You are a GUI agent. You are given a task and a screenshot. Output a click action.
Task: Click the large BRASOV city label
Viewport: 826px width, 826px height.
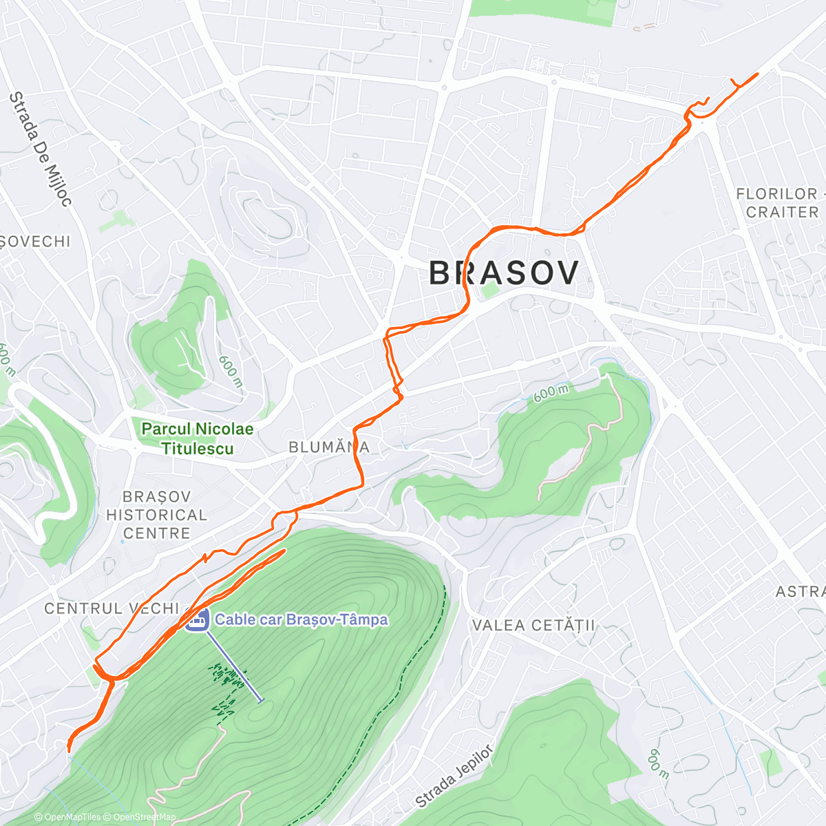(x=503, y=273)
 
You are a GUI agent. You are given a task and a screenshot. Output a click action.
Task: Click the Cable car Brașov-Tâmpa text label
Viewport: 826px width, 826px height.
(x=301, y=619)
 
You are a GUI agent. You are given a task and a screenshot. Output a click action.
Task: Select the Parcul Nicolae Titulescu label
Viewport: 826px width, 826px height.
(x=197, y=438)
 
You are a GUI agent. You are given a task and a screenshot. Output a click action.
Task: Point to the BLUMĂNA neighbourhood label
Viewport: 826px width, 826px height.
(x=329, y=447)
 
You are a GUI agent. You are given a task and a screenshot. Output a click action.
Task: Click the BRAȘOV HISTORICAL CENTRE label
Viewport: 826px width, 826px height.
(x=156, y=515)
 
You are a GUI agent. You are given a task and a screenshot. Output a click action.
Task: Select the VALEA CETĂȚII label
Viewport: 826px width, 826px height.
(x=533, y=626)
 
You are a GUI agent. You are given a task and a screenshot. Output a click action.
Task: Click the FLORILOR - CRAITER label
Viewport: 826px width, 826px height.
(x=778, y=203)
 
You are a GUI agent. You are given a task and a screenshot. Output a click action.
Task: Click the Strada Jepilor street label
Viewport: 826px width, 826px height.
(x=454, y=776)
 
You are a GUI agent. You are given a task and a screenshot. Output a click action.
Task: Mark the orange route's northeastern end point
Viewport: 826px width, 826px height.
(x=758, y=74)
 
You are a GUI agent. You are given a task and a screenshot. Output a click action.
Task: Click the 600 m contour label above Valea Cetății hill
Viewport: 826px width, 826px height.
(x=551, y=393)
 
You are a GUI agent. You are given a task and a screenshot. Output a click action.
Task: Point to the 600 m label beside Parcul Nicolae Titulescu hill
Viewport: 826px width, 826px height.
(x=230, y=370)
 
